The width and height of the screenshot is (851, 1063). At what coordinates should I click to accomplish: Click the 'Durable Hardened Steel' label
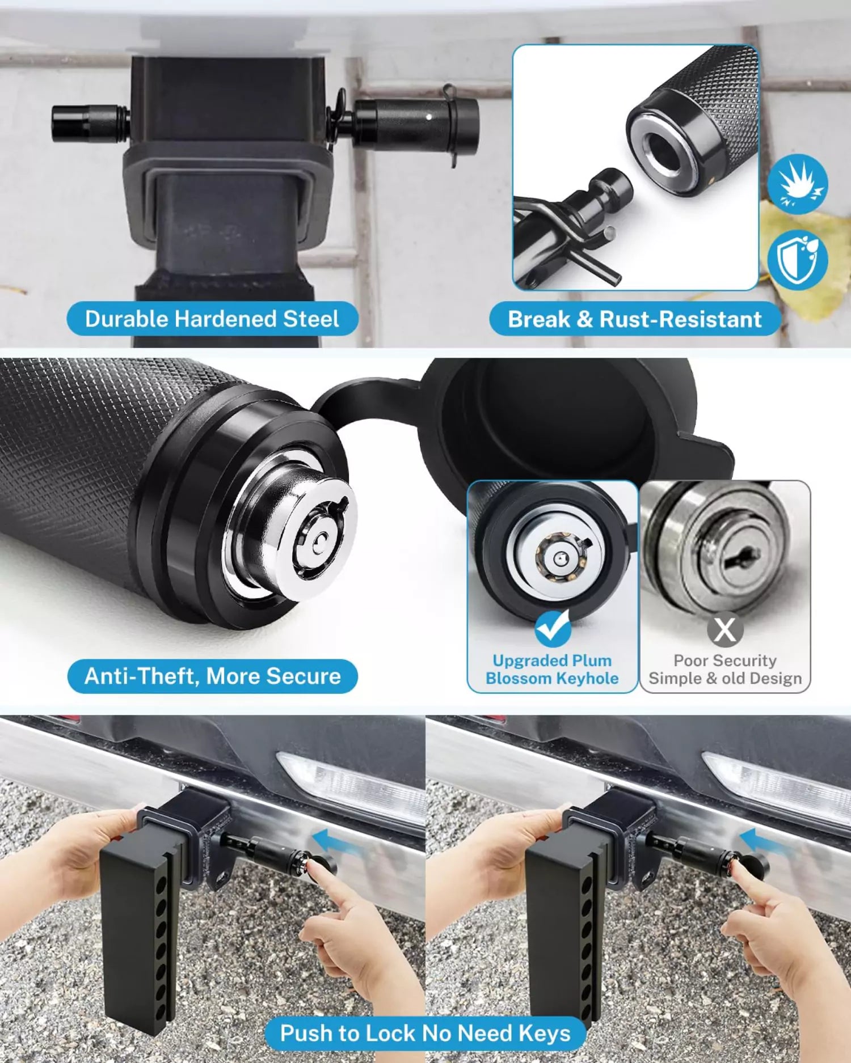(212, 319)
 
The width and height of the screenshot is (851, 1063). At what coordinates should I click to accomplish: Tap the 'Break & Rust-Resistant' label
(634, 319)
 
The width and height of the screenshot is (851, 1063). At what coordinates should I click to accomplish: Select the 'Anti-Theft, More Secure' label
(212, 676)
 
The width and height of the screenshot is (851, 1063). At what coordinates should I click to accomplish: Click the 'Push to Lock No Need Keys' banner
(425, 1033)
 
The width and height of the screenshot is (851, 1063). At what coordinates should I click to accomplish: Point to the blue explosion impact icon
(797, 184)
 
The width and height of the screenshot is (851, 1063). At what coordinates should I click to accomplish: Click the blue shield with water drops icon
(797, 260)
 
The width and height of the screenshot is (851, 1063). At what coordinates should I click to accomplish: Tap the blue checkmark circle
(553, 628)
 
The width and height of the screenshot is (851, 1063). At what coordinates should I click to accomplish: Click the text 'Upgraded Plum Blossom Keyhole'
(552, 670)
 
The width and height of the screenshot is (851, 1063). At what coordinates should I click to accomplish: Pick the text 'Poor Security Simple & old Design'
(724, 670)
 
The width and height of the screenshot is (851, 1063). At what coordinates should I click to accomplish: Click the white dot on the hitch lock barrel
(429, 117)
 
